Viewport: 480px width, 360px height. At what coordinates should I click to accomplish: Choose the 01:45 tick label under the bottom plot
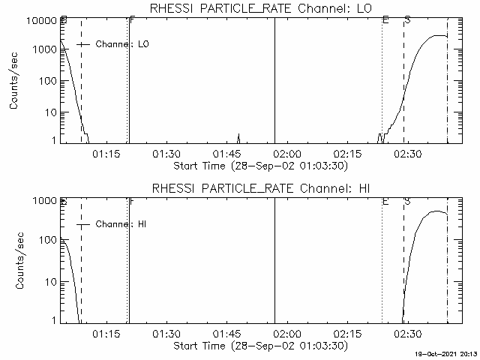(226, 334)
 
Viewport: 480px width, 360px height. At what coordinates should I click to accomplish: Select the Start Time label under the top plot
(259, 166)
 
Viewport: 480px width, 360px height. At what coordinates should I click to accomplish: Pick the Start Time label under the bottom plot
(259, 346)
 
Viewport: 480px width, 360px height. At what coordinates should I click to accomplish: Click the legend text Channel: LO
(123, 44)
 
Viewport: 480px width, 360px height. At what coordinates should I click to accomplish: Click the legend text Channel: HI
(123, 224)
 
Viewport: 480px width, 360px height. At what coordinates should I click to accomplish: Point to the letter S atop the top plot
(407, 19)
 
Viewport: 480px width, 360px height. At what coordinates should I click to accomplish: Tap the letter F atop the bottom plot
(132, 201)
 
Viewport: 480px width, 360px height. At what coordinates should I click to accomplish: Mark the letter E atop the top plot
(385, 19)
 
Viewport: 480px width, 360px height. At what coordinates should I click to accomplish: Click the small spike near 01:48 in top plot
(238, 137)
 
